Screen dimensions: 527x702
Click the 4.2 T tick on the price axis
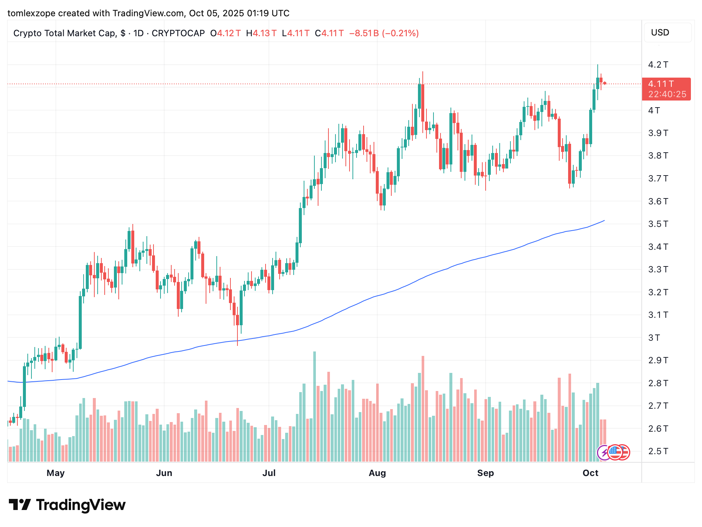[658, 65]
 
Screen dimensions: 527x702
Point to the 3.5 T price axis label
[658, 224]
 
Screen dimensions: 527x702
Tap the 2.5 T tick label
[658, 451]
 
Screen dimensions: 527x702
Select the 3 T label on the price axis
[654, 338]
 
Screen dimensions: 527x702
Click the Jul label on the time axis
[269, 473]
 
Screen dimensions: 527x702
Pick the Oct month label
[590, 473]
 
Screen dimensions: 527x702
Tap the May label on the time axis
[55, 473]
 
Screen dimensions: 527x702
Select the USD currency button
[660, 33]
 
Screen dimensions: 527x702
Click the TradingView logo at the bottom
[67, 505]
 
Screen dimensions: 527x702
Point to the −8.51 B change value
[364, 33]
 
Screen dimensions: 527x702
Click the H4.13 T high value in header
[261, 33]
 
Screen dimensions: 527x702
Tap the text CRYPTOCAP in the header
[178, 33]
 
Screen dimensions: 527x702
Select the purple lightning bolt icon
[604, 452]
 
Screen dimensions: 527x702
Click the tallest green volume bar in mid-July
[314, 407]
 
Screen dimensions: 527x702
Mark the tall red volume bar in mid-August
[423, 408]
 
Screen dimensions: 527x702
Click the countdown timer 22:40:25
[667, 94]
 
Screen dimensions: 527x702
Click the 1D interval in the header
[138, 33]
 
